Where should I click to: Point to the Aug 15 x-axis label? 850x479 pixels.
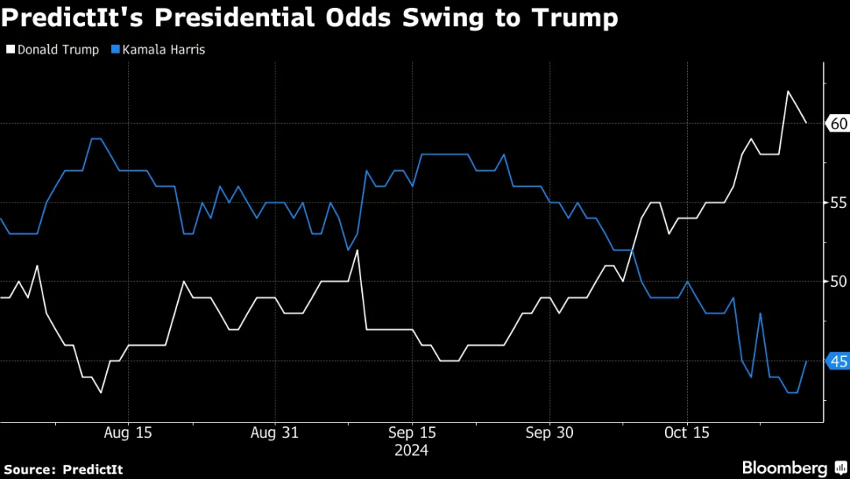[128, 433]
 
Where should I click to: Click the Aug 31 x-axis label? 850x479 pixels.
[274, 433]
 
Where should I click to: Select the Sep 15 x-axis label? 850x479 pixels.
[412, 433]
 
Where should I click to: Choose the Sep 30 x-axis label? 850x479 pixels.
[549, 433]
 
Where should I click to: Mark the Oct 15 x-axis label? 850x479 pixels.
[687, 433]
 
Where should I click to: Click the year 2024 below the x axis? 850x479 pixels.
[412, 451]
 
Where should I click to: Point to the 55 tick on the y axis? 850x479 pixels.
[837, 202]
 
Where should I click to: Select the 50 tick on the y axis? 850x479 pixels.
[837, 281]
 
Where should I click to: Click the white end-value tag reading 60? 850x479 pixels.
[837, 124]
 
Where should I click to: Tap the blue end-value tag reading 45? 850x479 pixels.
[837, 361]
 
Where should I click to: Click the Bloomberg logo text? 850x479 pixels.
[784, 466]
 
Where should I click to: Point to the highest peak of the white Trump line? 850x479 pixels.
[788, 91]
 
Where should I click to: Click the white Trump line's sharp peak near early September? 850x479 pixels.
[357, 251]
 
